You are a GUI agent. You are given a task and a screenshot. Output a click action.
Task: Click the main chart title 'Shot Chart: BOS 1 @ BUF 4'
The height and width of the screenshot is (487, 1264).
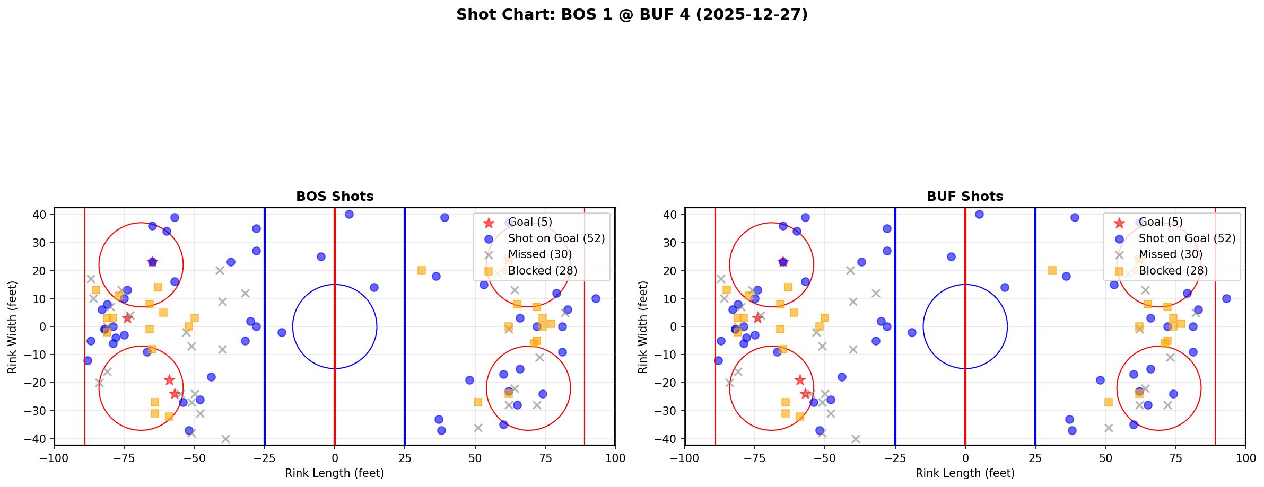(x=632, y=14)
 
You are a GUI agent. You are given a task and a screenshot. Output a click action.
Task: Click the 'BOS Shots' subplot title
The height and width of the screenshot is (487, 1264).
(x=335, y=197)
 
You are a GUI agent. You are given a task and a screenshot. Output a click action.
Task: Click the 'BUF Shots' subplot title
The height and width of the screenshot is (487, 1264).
(x=965, y=197)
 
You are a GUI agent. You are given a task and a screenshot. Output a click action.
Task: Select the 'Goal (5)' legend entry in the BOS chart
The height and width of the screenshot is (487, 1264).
(x=530, y=223)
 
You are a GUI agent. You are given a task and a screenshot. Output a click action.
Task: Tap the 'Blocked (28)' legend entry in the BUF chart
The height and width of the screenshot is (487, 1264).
(x=1173, y=271)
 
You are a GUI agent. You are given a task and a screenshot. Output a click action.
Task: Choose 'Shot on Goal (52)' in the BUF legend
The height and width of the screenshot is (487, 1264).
(x=1187, y=238)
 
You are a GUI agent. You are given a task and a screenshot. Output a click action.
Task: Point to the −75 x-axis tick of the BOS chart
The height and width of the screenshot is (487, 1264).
(x=124, y=457)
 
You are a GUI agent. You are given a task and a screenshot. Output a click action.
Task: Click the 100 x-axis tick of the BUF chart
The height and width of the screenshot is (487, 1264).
(x=1245, y=457)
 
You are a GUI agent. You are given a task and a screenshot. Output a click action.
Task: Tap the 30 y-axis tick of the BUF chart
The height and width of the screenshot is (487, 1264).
(x=671, y=243)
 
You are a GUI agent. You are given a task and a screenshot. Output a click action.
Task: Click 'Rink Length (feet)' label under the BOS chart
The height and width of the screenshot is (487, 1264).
(x=335, y=473)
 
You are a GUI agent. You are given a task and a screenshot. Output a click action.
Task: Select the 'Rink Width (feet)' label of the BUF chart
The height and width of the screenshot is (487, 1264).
(x=643, y=327)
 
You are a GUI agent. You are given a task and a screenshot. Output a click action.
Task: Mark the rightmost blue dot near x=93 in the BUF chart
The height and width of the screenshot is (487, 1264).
(x=1226, y=298)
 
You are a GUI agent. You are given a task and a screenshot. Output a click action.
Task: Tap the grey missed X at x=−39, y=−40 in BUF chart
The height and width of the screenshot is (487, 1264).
(x=856, y=439)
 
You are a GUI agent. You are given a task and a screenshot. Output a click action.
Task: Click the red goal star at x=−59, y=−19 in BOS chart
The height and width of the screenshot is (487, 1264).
(x=169, y=380)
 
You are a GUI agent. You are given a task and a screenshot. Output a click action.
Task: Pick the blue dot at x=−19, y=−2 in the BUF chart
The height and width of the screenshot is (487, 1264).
(x=912, y=332)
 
